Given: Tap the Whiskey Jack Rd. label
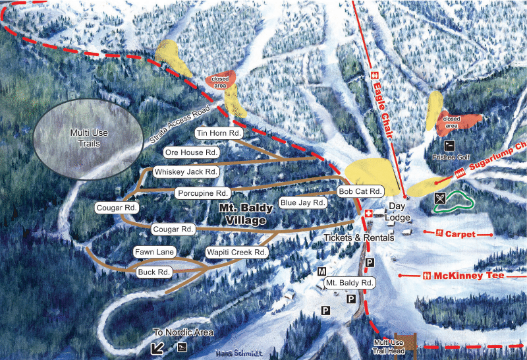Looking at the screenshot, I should coord(186,171).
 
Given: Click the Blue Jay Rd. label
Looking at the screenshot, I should coord(303,202).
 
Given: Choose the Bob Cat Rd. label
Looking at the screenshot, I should coord(360,191).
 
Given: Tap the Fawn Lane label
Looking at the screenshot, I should coord(153,253).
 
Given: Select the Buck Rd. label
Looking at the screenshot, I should coord(155,272).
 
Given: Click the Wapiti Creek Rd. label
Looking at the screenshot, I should coord(236,253).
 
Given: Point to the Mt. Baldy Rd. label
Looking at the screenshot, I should coord(350,283).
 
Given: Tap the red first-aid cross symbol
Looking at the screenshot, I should coord(370,214).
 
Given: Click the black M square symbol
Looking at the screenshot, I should coord(322,272).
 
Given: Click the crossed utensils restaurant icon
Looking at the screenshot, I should coord(441,197).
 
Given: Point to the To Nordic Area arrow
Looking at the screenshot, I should coord(157,347).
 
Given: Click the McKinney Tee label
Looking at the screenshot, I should coord(467,276).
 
